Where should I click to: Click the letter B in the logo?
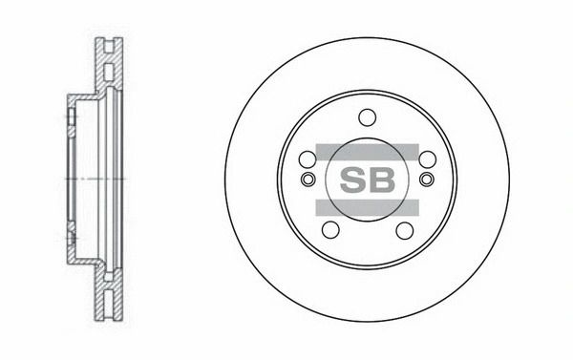tap(382, 180)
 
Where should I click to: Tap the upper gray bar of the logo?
tap(367, 152)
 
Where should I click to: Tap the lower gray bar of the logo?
tap(367, 207)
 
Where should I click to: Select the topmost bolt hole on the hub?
tap(368, 117)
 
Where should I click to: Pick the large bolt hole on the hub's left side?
tap(308, 159)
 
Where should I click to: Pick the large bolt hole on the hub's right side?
tap(427, 159)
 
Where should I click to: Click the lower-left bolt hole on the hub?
tap(330, 230)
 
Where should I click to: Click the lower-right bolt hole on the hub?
tap(405, 230)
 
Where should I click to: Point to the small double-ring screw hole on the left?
tap(308, 180)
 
